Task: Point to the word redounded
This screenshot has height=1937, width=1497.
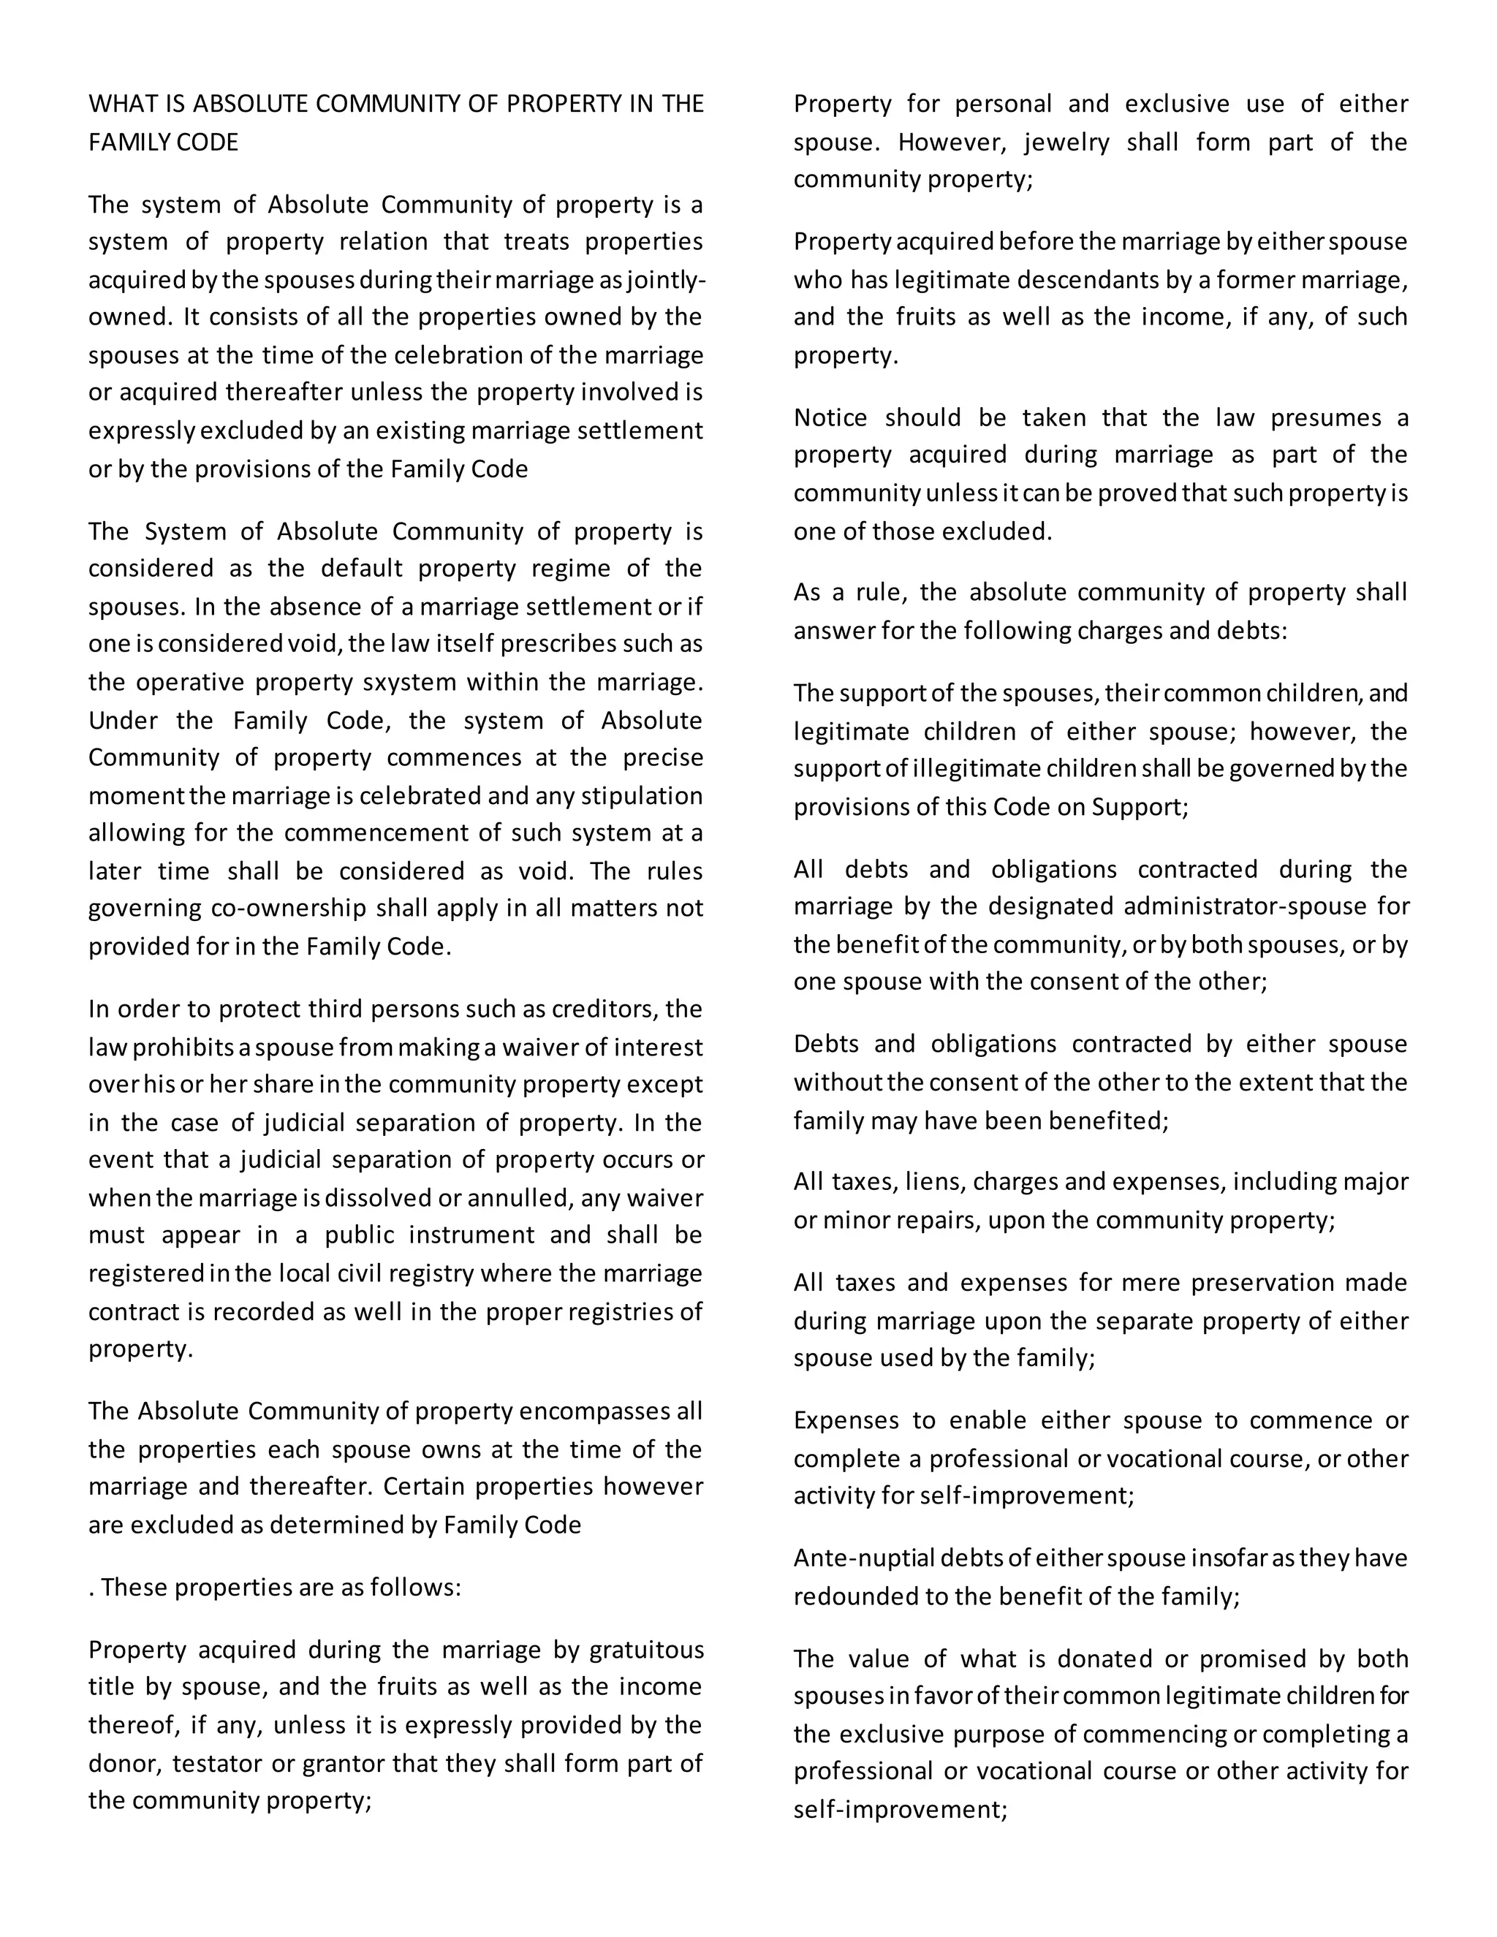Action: [x=855, y=1596]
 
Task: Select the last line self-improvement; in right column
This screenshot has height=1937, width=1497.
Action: [x=900, y=1809]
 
